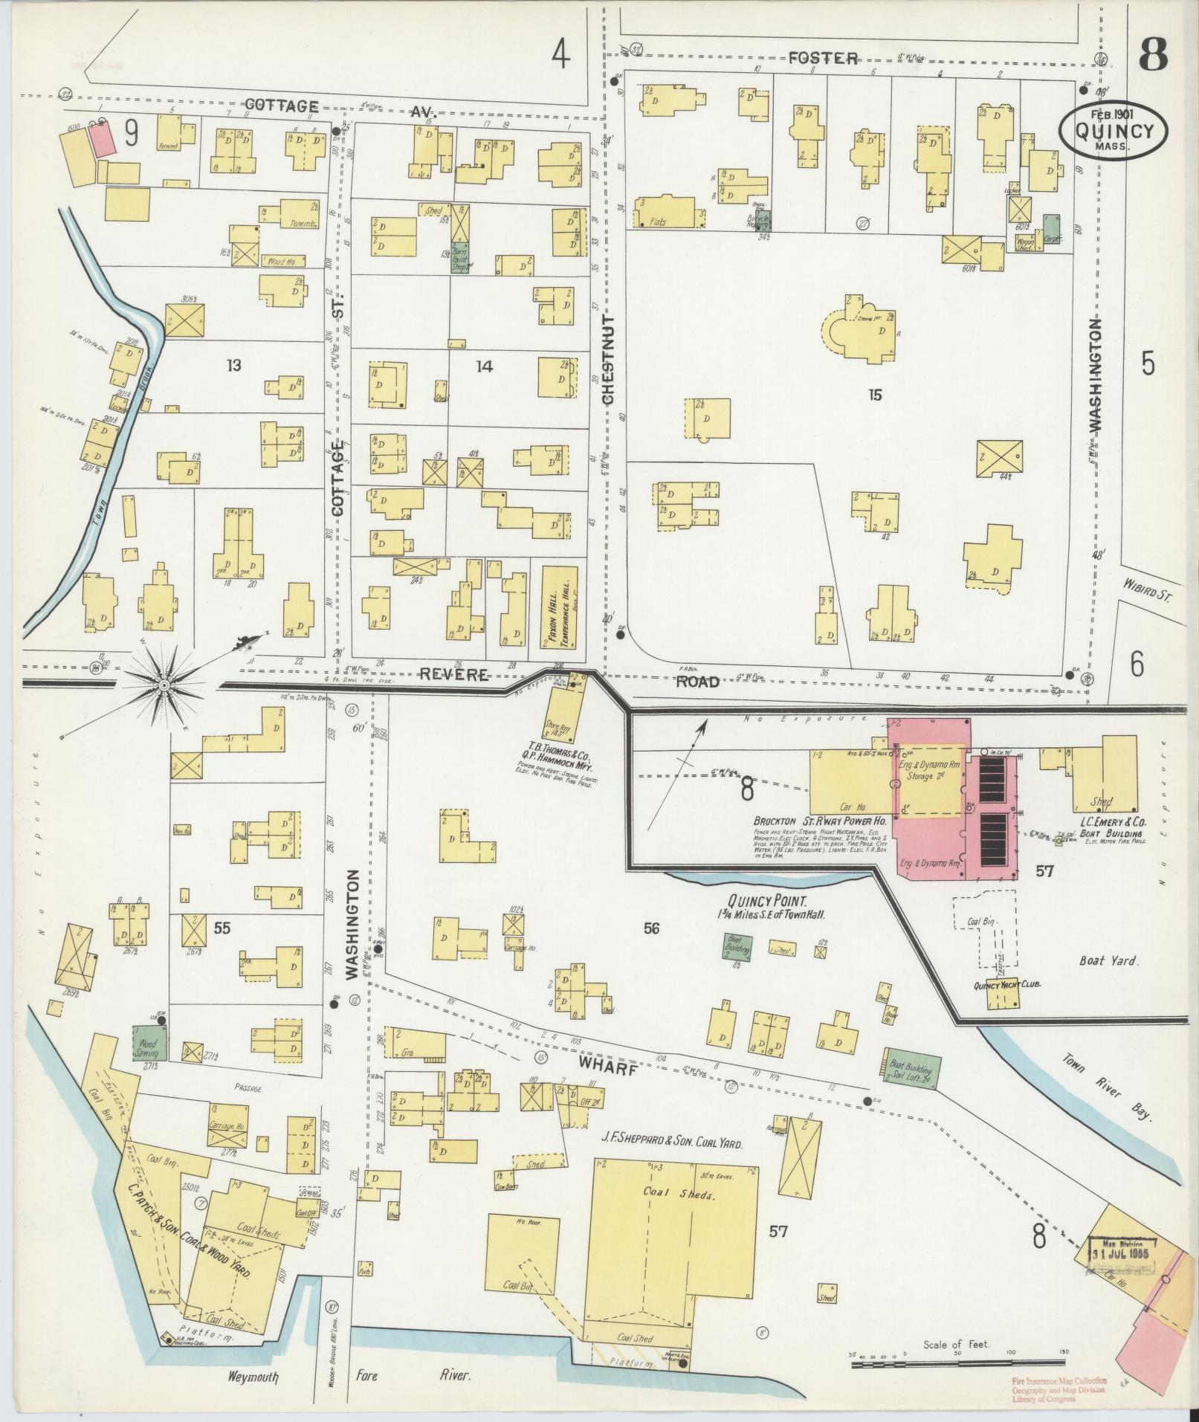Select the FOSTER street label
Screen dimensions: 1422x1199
coord(823,58)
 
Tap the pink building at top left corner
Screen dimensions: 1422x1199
coord(103,140)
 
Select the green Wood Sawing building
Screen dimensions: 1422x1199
coord(149,1043)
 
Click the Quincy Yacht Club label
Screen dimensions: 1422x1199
coord(1006,984)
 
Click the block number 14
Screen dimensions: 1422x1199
coord(484,366)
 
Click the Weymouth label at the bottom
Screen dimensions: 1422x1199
coord(253,1377)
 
